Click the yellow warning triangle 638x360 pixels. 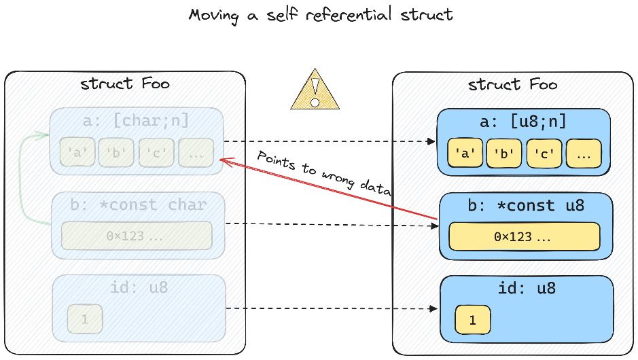(315, 90)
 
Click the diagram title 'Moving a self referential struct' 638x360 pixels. (321, 16)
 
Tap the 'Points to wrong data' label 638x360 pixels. (324, 172)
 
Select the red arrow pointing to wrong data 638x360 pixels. (329, 190)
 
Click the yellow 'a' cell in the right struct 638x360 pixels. (465, 154)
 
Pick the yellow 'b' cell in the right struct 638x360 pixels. (504, 154)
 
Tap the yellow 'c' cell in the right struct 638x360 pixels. (544, 154)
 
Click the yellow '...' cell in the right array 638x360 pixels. (584, 154)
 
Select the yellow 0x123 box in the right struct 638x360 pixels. (524, 236)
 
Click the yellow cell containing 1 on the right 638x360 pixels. (472, 320)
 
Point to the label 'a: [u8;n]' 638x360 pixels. (523, 122)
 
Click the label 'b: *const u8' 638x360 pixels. (526, 205)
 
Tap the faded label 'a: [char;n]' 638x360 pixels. (135, 121)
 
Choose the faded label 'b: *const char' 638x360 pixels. (138, 204)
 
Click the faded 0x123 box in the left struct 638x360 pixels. (137, 236)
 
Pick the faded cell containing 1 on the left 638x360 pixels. (85, 319)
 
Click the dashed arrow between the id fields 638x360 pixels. (331, 309)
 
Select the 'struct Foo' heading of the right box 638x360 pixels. (513, 85)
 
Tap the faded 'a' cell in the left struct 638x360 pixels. (77, 153)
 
